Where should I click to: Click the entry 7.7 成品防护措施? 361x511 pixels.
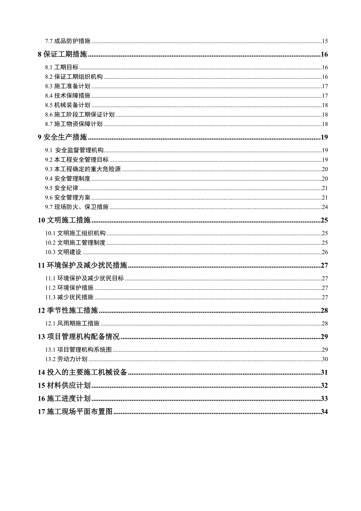coord(67,41)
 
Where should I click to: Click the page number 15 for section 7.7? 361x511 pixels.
coord(325,41)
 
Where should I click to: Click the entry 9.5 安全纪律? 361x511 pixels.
coord(61,188)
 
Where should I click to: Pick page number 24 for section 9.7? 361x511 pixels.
coord(325,207)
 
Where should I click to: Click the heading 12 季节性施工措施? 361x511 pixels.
coord(67,311)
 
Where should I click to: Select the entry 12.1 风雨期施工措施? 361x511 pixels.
coord(72,323)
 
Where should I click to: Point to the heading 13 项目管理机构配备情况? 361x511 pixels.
coord(78,337)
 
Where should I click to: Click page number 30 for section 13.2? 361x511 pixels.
coord(325,359)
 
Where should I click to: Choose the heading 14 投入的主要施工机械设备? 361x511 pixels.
coord(82,372)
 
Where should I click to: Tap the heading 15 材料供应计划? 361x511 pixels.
coord(64,385)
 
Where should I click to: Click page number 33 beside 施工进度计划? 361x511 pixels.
coord(324,399)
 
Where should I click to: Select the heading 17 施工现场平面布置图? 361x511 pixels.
coord(75,412)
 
